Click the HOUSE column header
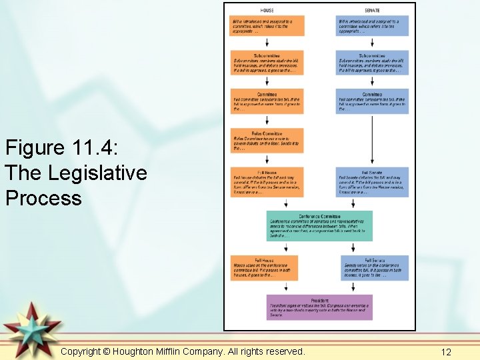(267, 10)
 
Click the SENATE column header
(372, 10)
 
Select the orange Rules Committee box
(267, 141)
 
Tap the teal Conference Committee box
(319, 226)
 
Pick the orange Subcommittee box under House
(267, 63)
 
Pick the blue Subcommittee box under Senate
(372, 63)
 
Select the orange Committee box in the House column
(267, 101)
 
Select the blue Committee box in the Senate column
(372, 101)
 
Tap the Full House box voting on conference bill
(265, 267)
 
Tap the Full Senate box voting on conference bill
(375, 267)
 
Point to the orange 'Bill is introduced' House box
(267, 25)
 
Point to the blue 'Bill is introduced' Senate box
(372, 25)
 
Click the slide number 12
(447, 351)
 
